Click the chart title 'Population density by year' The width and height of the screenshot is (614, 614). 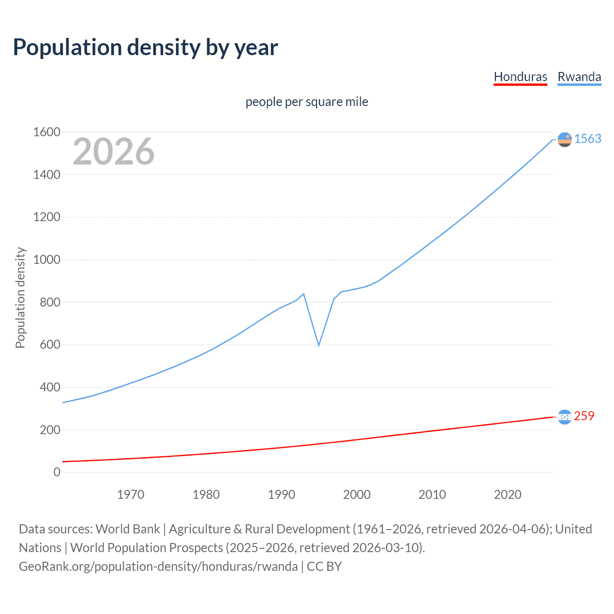(145, 47)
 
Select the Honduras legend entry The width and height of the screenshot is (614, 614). (520, 77)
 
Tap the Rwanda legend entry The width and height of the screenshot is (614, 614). (579, 77)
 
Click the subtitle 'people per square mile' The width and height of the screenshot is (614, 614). (307, 102)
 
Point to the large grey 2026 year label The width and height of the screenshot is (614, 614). (114, 152)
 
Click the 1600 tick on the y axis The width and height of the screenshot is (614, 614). (47, 132)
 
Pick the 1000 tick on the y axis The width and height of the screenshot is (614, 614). (47, 260)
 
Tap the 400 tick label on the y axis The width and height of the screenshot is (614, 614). (50, 387)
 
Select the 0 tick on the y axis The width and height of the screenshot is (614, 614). (57, 472)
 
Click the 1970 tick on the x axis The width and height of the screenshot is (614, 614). (130, 495)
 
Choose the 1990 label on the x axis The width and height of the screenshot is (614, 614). (282, 495)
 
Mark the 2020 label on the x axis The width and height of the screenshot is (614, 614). (508, 495)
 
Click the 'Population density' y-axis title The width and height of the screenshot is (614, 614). (20, 297)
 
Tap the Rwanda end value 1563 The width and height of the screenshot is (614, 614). (588, 139)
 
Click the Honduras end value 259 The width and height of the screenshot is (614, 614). (584, 416)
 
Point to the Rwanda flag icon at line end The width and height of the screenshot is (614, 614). (565, 140)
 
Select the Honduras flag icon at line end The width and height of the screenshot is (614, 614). (565, 417)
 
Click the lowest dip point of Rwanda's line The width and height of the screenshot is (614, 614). (319, 345)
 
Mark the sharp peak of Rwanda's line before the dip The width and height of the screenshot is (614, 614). (304, 294)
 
